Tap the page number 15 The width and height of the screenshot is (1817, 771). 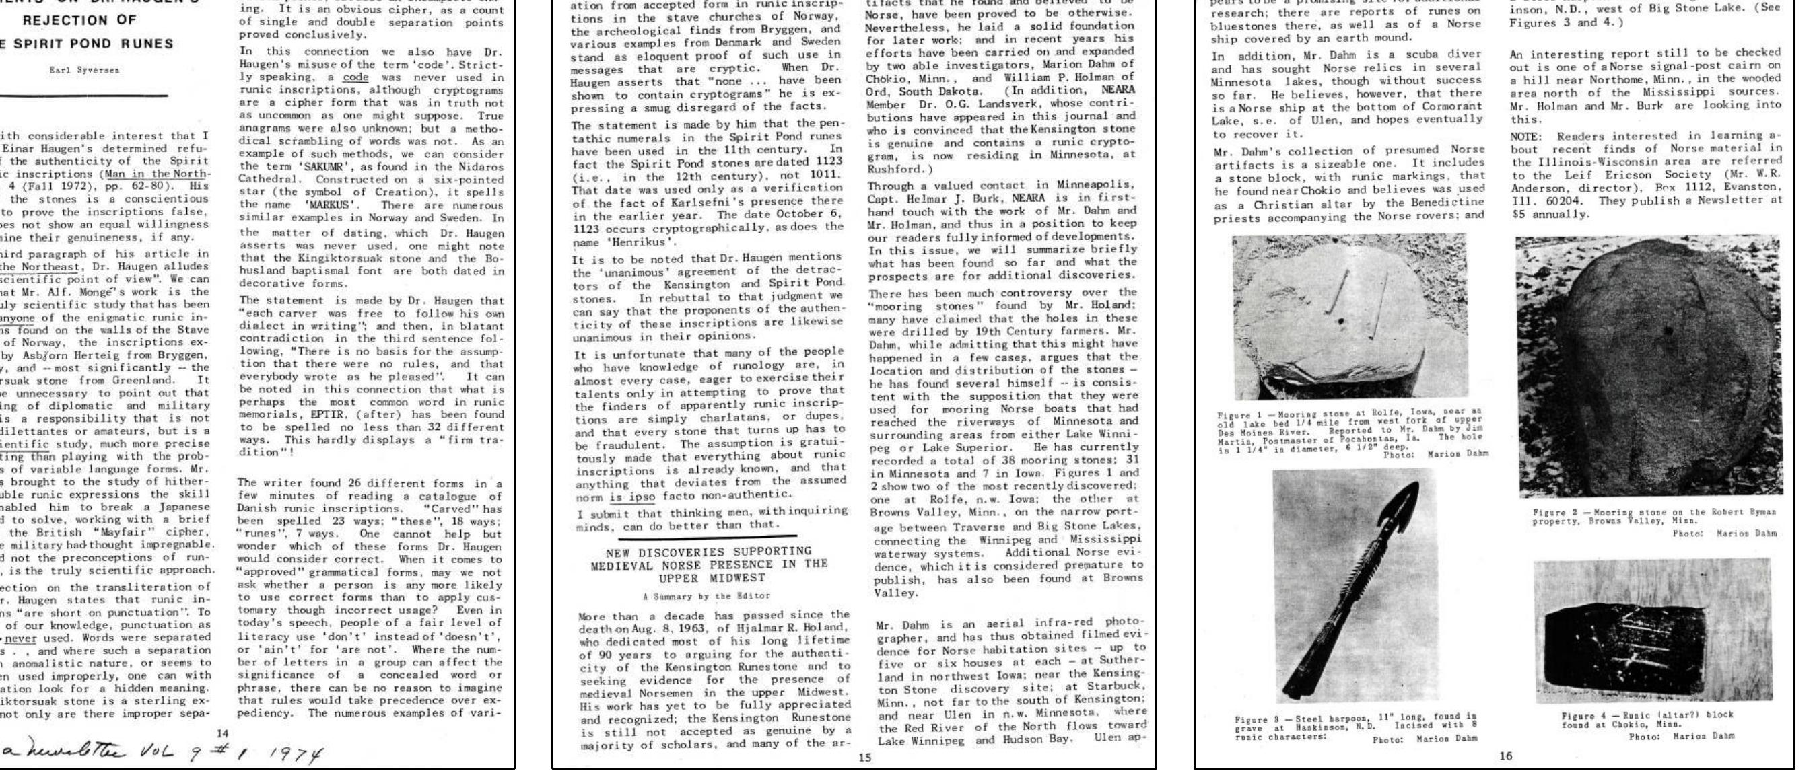[x=865, y=758]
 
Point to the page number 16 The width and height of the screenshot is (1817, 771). [x=1505, y=756]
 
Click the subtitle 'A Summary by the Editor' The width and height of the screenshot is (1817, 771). [x=706, y=596]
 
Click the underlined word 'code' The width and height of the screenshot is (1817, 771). [x=355, y=77]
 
